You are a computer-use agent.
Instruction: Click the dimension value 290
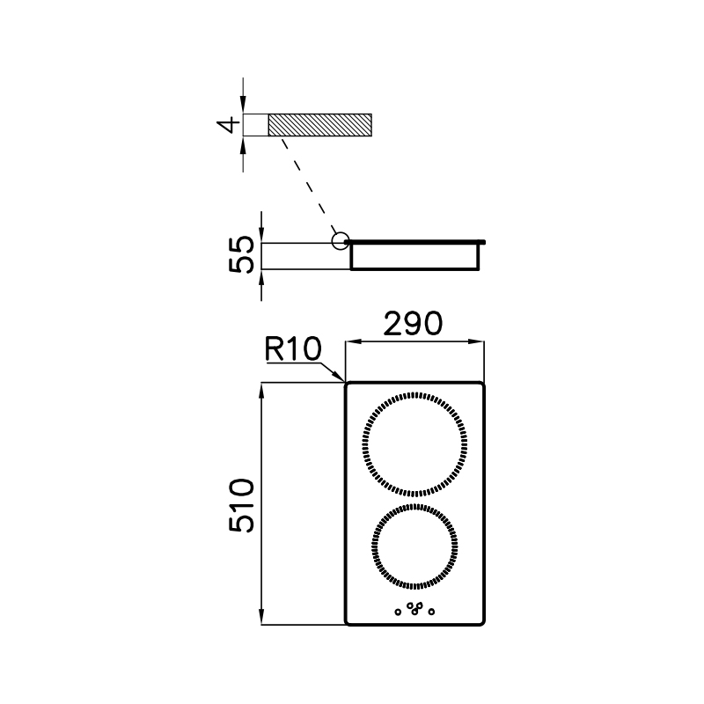(x=413, y=324)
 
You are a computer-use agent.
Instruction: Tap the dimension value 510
(x=241, y=505)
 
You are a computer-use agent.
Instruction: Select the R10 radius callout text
(x=293, y=348)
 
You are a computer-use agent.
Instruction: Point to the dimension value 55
(x=241, y=254)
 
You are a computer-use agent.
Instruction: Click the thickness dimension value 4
(x=229, y=125)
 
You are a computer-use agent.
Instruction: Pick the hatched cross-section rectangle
(x=320, y=125)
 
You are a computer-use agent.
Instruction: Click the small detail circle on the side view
(x=341, y=241)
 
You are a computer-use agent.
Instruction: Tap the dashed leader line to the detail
(x=309, y=185)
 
